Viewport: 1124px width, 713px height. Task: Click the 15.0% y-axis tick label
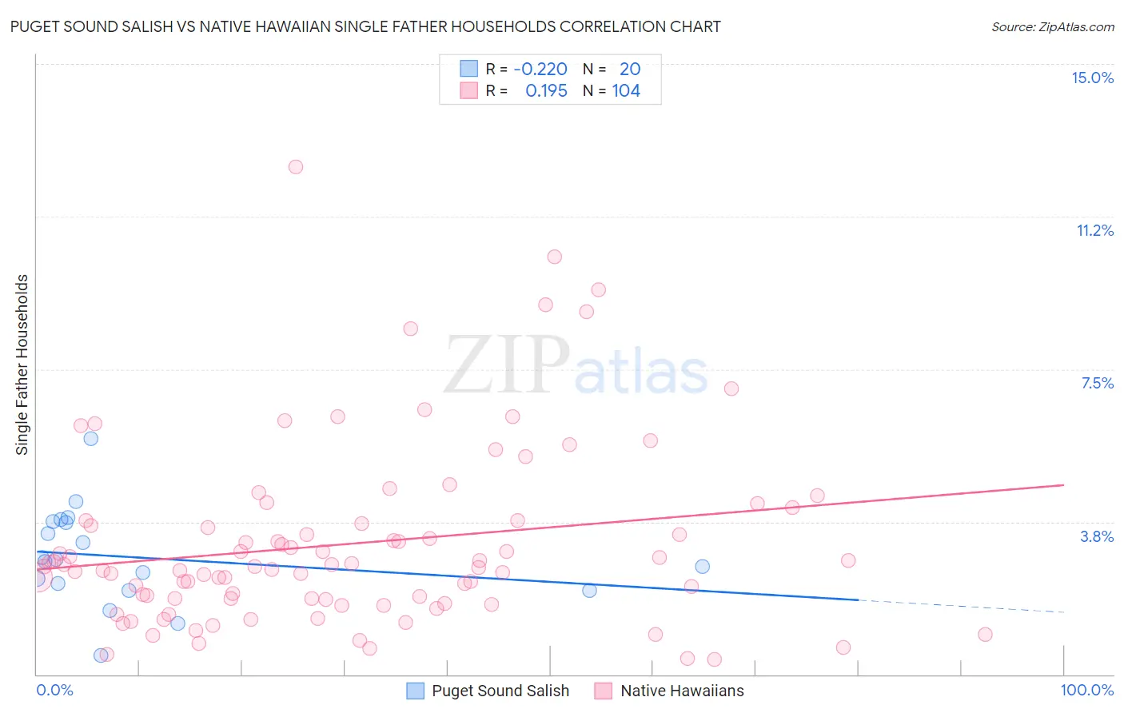click(1092, 78)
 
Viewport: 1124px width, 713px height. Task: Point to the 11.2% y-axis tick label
click(1094, 230)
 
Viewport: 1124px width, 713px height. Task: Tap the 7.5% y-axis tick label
click(1097, 383)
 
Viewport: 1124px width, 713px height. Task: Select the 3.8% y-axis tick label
click(1097, 536)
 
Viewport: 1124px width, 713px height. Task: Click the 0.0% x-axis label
click(54, 690)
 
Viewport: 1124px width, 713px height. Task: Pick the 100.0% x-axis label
click(1086, 690)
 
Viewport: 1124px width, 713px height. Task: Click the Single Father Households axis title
click(22, 364)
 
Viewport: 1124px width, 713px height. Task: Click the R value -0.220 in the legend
click(540, 70)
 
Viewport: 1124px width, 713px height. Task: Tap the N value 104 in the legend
click(626, 91)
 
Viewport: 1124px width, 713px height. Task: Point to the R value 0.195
click(546, 91)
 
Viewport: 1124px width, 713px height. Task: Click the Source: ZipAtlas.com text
click(1052, 27)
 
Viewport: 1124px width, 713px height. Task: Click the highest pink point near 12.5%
click(296, 167)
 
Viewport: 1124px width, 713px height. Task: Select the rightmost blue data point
click(702, 567)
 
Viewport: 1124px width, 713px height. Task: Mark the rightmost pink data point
click(985, 635)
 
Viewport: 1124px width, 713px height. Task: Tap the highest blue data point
click(91, 439)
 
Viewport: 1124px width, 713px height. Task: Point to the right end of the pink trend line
click(1063, 485)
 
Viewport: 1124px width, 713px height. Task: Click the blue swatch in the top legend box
click(468, 69)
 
